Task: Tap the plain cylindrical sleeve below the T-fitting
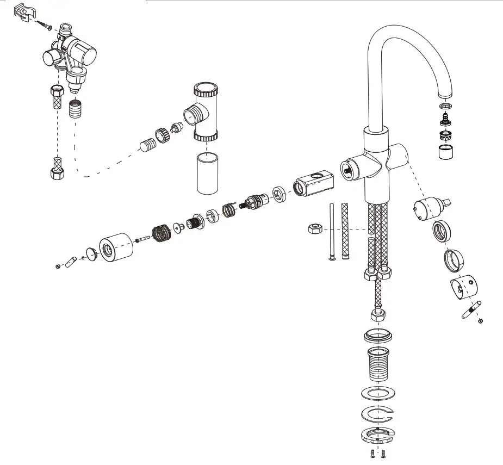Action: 207,173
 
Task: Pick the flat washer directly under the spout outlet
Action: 446,105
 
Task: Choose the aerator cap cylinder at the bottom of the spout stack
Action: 446,152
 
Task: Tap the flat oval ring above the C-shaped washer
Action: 377,393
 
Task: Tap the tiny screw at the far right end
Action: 480,321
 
